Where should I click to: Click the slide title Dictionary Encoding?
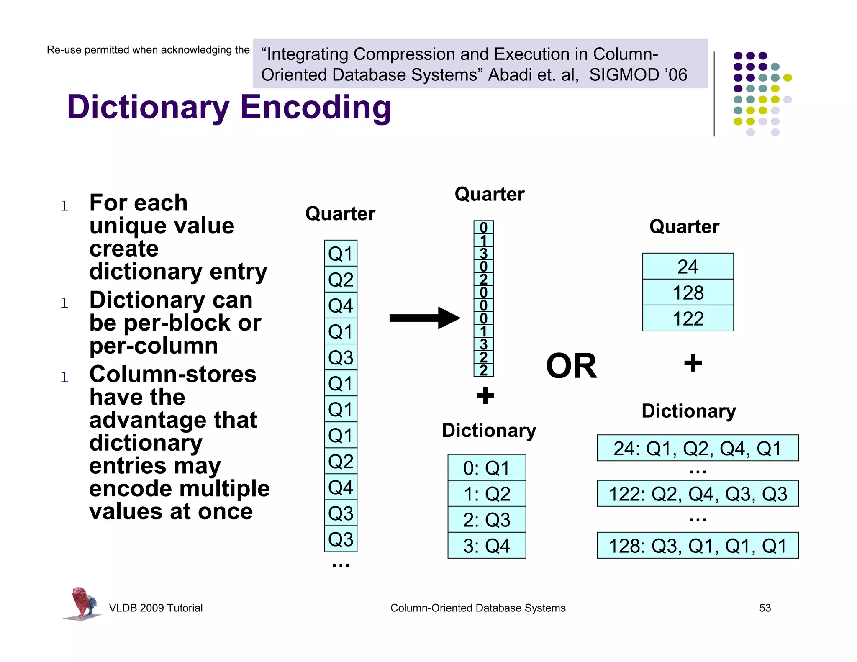pyautogui.click(x=229, y=107)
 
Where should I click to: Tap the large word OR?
pyautogui.click(x=571, y=366)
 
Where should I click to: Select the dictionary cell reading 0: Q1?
pyautogui.click(x=487, y=468)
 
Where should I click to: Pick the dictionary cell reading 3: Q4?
pyautogui.click(x=487, y=546)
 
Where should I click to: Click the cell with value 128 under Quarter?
pyautogui.click(x=688, y=293)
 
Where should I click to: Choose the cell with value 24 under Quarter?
pyautogui.click(x=688, y=267)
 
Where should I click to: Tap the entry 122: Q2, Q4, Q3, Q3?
pyautogui.click(x=698, y=494)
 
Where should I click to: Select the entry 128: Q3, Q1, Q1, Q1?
pyautogui.click(x=698, y=546)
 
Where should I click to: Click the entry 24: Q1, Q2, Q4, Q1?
pyautogui.click(x=698, y=448)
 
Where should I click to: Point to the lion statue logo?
pyautogui.click(x=82, y=603)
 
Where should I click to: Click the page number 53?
pyautogui.click(x=765, y=608)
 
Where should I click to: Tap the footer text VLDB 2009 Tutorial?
pyautogui.click(x=156, y=608)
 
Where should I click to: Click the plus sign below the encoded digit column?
pyautogui.click(x=485, y=395)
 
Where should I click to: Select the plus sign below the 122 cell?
pyautogui.click(x=693, y=363)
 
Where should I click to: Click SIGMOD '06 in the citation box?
pyautogui.click(x=638, y=75)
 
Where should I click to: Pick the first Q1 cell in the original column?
pyautogui.click(x=341, y=254)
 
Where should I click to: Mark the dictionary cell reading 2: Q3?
pyautogui.click(x=487, y=520)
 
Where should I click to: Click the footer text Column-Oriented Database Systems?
pyautogui.click(x=477, y=608)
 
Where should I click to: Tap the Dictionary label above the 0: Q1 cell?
pyautogui.click(x=489, y=431)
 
